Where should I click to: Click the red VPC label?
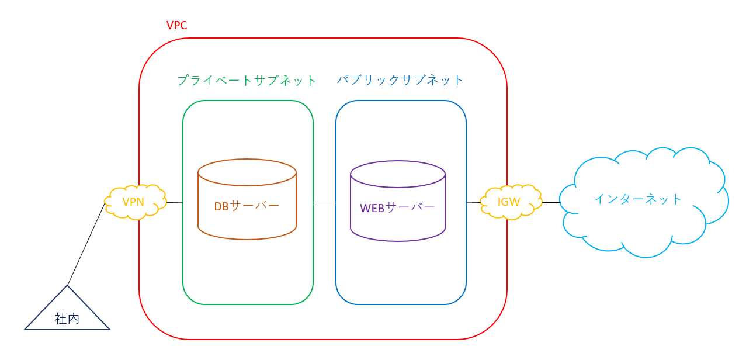click(x=176, y=25)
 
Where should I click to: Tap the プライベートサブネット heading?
click(x=247, y=80)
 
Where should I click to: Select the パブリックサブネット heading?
click(x=400, y=79)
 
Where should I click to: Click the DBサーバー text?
click(x=247, y=206)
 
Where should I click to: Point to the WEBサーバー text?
click(x=397, y=207)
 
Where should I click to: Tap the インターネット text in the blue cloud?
click(x=638, y=199)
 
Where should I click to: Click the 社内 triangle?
click(x=67, y=313)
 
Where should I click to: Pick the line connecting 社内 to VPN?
click(x=86, y=244)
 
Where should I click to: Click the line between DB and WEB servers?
click(x=324, y=203)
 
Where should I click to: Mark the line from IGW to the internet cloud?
click(x=551, y=202)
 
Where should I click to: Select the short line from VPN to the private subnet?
click(x=175, y=202)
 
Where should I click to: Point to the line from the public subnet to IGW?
click(x=474, y=202)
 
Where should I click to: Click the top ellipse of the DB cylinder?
click(x=247, y=172)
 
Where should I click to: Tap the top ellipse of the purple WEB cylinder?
click(x=398, y=174)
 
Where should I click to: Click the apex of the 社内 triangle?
click(x=67, y=286)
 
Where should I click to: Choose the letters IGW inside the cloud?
click(x=508, y=202)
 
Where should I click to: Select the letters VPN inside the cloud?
click(x=133, y=202)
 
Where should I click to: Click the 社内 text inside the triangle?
click(x=67, y=319)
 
